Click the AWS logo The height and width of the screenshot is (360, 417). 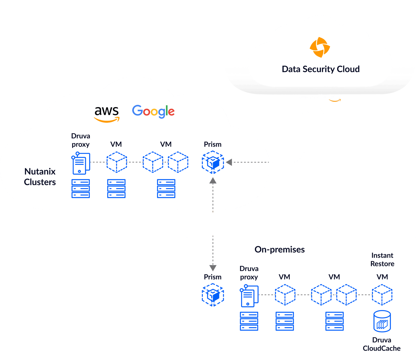pyautogui.click(x=107, y=114)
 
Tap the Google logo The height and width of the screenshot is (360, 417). pyautogui.click(x=153, y=111)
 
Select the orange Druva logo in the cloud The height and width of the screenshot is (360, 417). pyautogui.click(x=320, y=47)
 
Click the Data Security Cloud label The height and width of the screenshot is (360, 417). pyautogui.click(x=321, y=69)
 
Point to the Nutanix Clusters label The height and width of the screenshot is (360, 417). pyautogui.click(x=40, y=177)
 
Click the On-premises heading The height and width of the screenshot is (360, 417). pyautogui.click(x=279, y=250)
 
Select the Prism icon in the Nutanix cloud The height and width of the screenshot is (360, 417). pyautogui.click(x=213, y=162)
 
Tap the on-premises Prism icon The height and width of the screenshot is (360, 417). pyautogui.click(x=213, y=295)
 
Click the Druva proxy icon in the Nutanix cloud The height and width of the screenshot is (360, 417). pyautogui.click(x=81, y=163)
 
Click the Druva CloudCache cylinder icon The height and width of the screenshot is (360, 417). pyautogui.click(x=382, y=321)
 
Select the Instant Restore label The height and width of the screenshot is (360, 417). pyautogui.click(x=382, y=259)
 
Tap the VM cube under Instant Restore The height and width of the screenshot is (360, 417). pyautogui.click(x=382, y=295)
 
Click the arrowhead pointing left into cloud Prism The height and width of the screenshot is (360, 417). pyautogui.click(x=229, y=162)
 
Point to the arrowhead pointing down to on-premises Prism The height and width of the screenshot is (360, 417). pyautogui.click(x=213, y=268)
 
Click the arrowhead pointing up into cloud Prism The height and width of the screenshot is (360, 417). pyautogui.click(x=213, y=181)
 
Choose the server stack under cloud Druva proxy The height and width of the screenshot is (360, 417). pyautogui.click(x=81, y=189)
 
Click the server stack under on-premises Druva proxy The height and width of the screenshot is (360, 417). pyautogui.click(x=249, y=321)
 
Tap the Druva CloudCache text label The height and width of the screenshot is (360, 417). pyautogui.click(x=382, y=344)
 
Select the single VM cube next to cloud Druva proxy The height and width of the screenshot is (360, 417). pyautogui.click(x=116, y=162)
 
